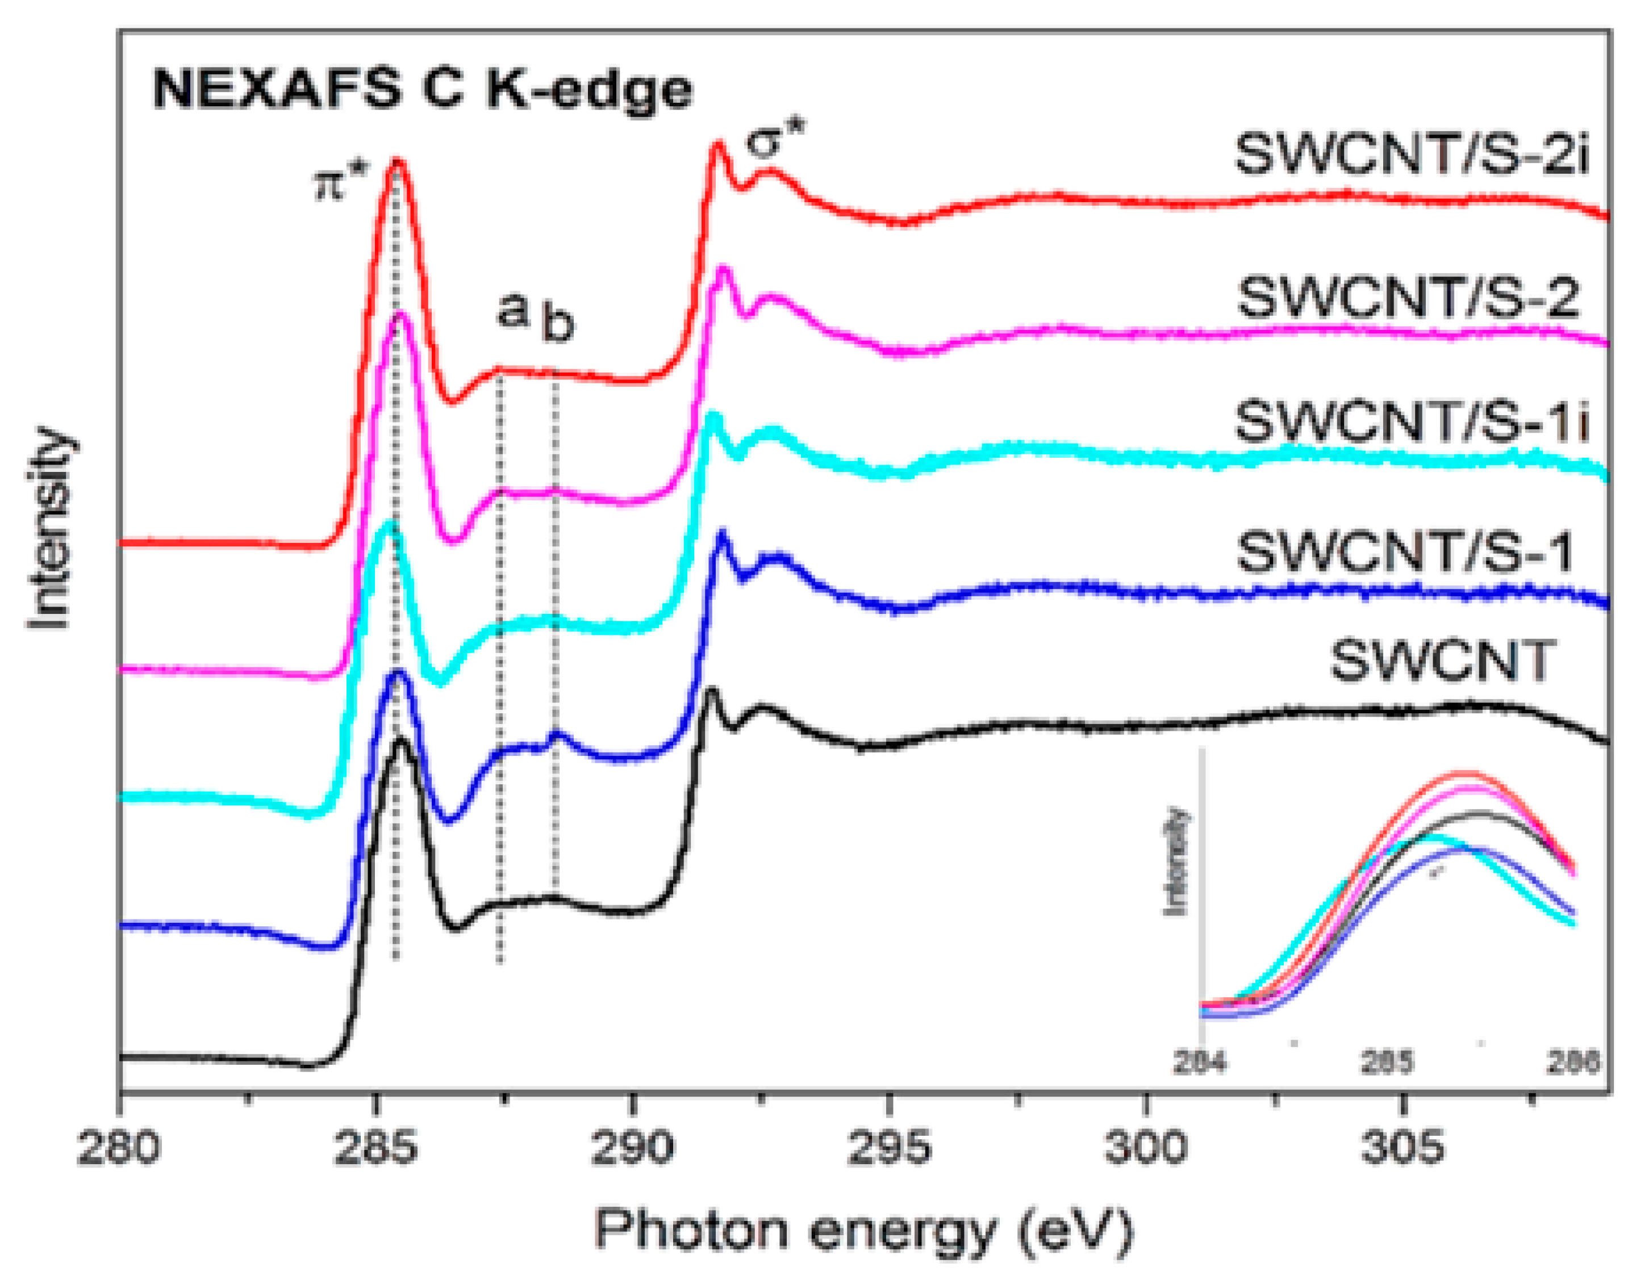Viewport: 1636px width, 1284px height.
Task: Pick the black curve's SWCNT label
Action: pos(1441,662)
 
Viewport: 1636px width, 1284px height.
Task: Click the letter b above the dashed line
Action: pos(558,325)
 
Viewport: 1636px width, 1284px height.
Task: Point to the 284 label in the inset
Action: pos(1201,1063)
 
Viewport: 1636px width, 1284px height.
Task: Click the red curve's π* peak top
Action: pos(397,162)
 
